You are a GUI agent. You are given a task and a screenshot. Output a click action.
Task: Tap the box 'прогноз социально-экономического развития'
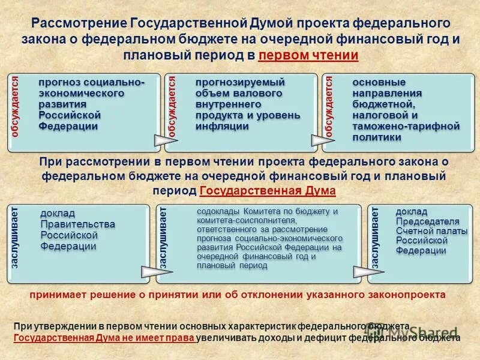(84, 111)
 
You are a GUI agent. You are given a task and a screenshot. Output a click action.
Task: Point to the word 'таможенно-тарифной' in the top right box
(406, 126)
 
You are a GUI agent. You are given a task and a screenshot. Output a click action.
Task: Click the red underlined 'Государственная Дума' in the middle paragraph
(267, 191)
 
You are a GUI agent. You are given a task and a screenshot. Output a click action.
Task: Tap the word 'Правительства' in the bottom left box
(77, 224)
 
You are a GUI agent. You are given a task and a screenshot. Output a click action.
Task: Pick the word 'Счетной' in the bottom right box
(415, 230)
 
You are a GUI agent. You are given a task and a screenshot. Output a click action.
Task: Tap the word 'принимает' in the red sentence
(52, 295)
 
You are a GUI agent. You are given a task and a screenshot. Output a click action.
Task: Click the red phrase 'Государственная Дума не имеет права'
(104, 338)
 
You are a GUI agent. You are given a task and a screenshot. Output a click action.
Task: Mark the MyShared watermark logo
(420, 331)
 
